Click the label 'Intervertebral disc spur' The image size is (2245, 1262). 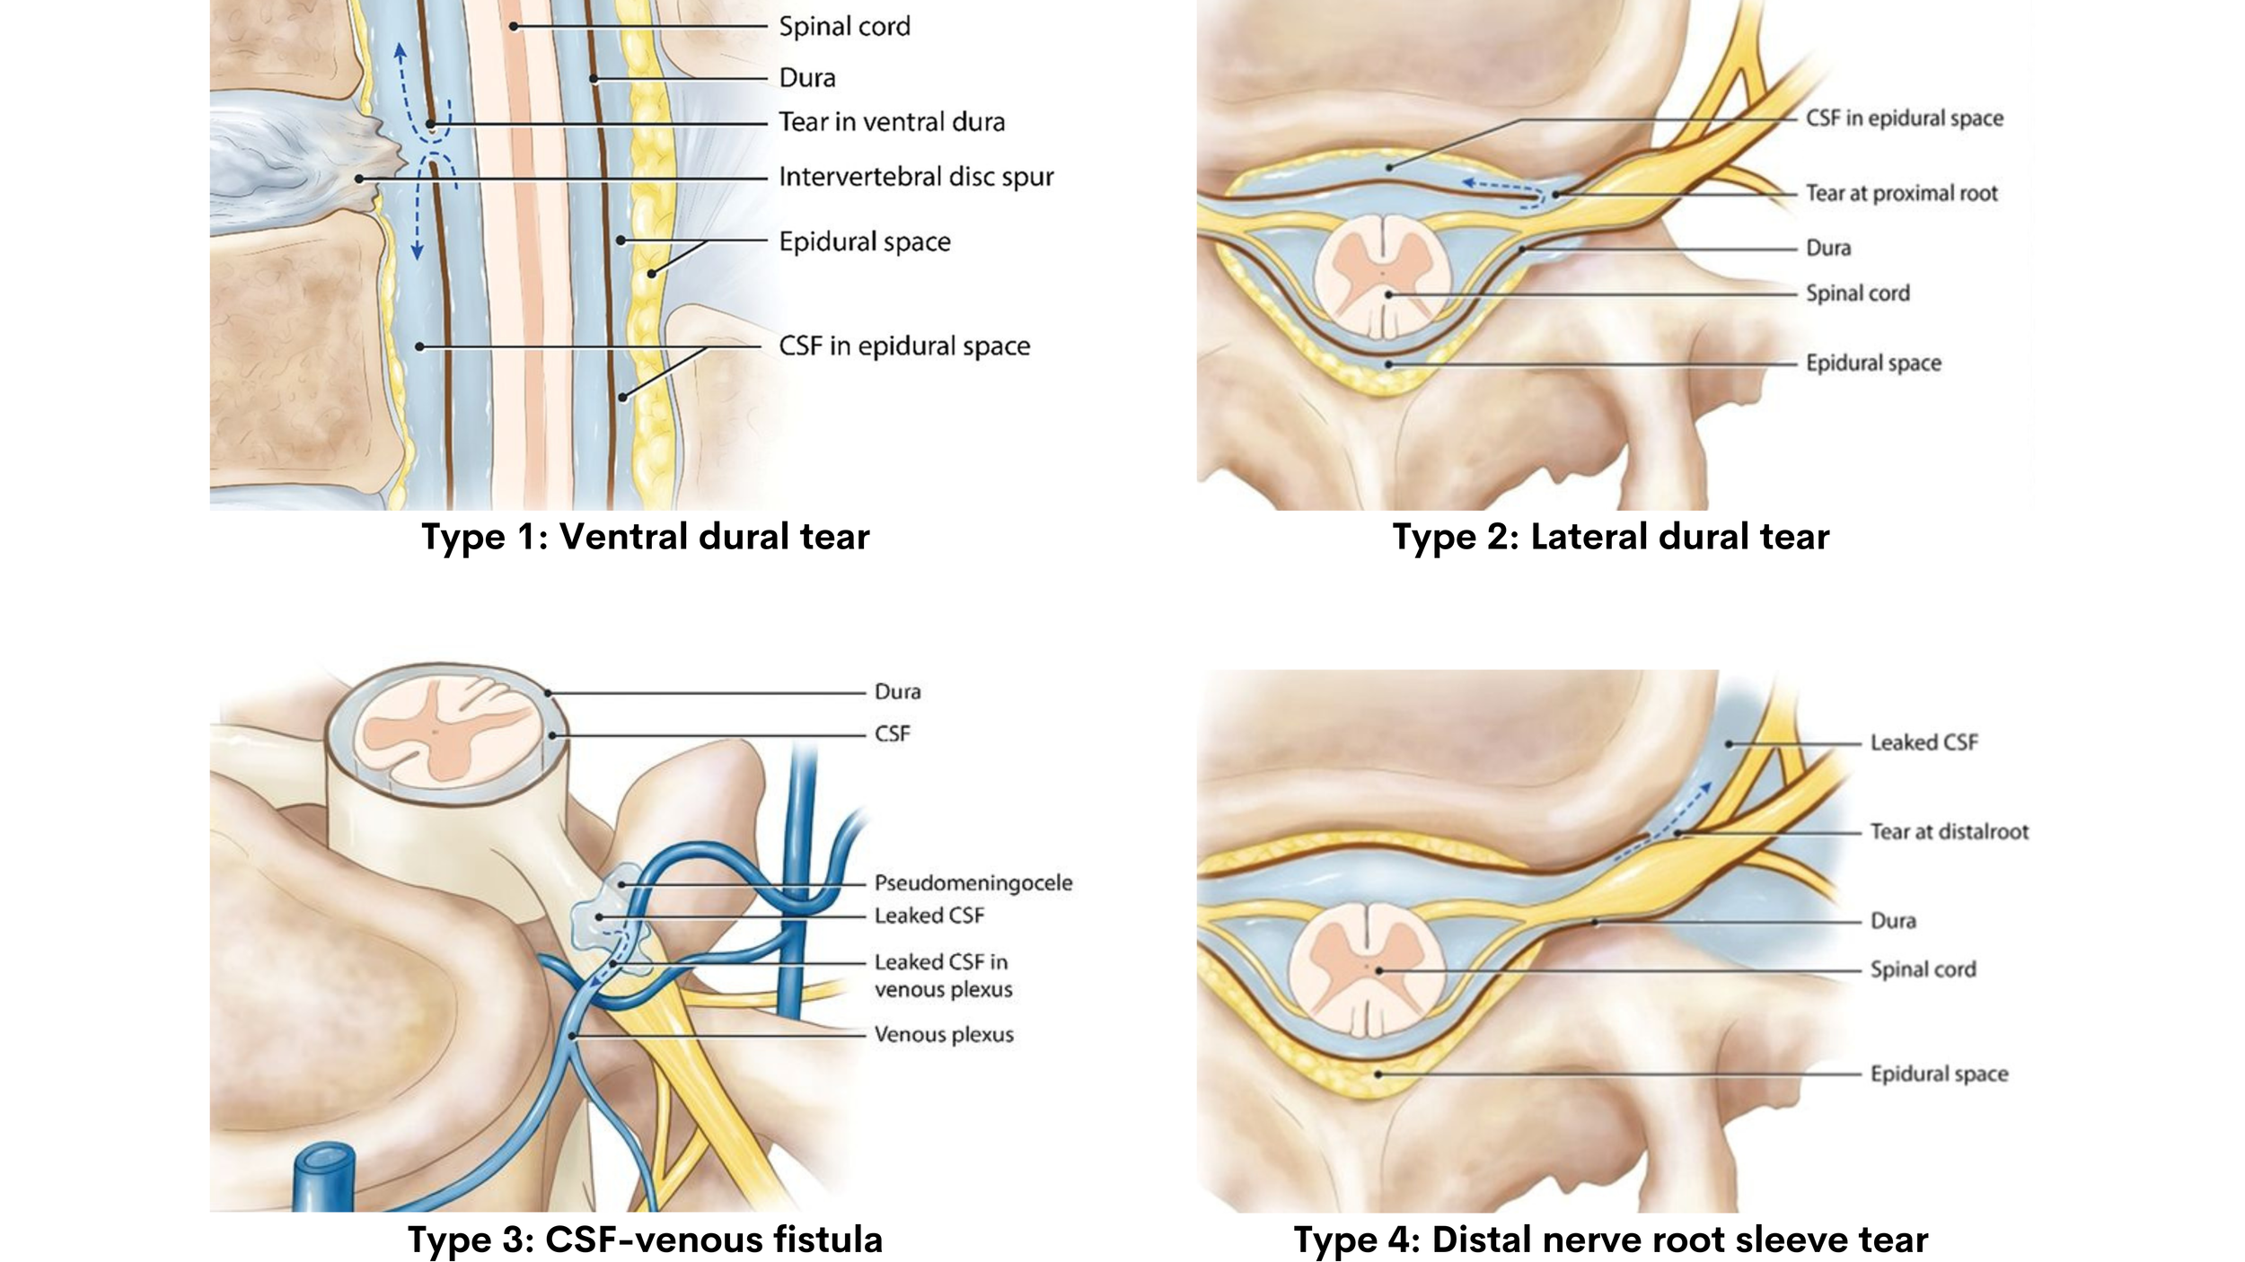click(915, 177)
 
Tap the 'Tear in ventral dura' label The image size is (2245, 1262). click(891, 122)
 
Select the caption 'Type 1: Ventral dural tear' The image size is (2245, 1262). click(645, 537)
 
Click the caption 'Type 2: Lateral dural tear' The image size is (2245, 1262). click(1610, 537)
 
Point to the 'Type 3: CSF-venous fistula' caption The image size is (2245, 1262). click(645, 1240)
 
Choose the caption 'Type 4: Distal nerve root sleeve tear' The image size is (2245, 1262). click(1610, 1240)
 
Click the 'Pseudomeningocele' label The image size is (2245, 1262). click(973, 882)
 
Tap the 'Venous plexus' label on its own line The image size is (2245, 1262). click(943, 1034)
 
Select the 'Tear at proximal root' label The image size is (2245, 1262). click(1901, 193)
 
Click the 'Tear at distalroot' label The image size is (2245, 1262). click(1949, 832)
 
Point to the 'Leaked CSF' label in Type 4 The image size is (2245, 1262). click(1924, 742)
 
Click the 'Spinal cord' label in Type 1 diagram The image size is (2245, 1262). click(844, 27)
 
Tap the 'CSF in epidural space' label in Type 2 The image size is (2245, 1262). click(1904, 118)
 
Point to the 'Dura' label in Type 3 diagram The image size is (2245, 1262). click(897, 691)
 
